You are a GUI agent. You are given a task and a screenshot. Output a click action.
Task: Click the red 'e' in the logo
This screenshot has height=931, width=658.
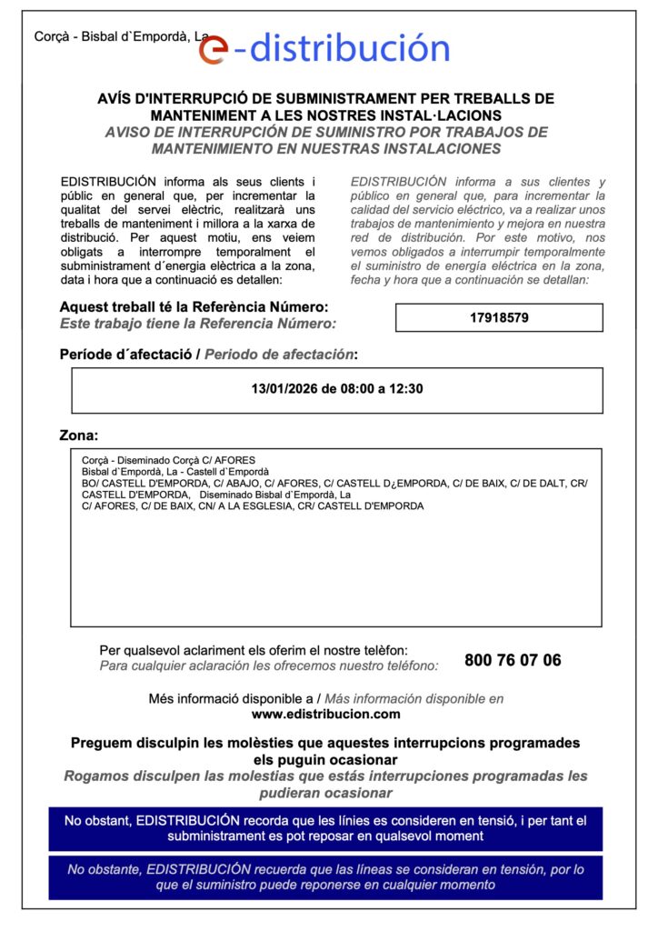(212, 49)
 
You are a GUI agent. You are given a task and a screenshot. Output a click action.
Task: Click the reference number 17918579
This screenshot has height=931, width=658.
(499, 318)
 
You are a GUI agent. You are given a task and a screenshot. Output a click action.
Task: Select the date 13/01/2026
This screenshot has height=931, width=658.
(284, 389)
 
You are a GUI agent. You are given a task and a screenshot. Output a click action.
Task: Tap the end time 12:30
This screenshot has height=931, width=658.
(406, 389)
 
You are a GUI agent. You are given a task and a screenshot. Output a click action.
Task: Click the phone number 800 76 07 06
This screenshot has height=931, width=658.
(513, 660)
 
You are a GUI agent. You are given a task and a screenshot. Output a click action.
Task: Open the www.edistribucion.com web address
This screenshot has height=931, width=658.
(326, 714)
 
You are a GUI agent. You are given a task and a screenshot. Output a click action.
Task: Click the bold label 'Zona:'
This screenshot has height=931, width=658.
(79, 435)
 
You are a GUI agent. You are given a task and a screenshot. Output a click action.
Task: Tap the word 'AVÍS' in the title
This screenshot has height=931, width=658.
(115, 98)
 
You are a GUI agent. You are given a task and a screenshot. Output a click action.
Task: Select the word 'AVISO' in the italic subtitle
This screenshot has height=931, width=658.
(129, 132)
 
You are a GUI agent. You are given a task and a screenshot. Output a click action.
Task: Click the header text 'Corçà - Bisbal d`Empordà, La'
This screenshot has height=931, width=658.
(121, 36)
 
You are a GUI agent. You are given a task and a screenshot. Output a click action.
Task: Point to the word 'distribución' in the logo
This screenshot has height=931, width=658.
(350, 47)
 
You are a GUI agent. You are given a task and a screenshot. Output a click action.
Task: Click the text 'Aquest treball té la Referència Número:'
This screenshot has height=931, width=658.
(194, 307)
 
